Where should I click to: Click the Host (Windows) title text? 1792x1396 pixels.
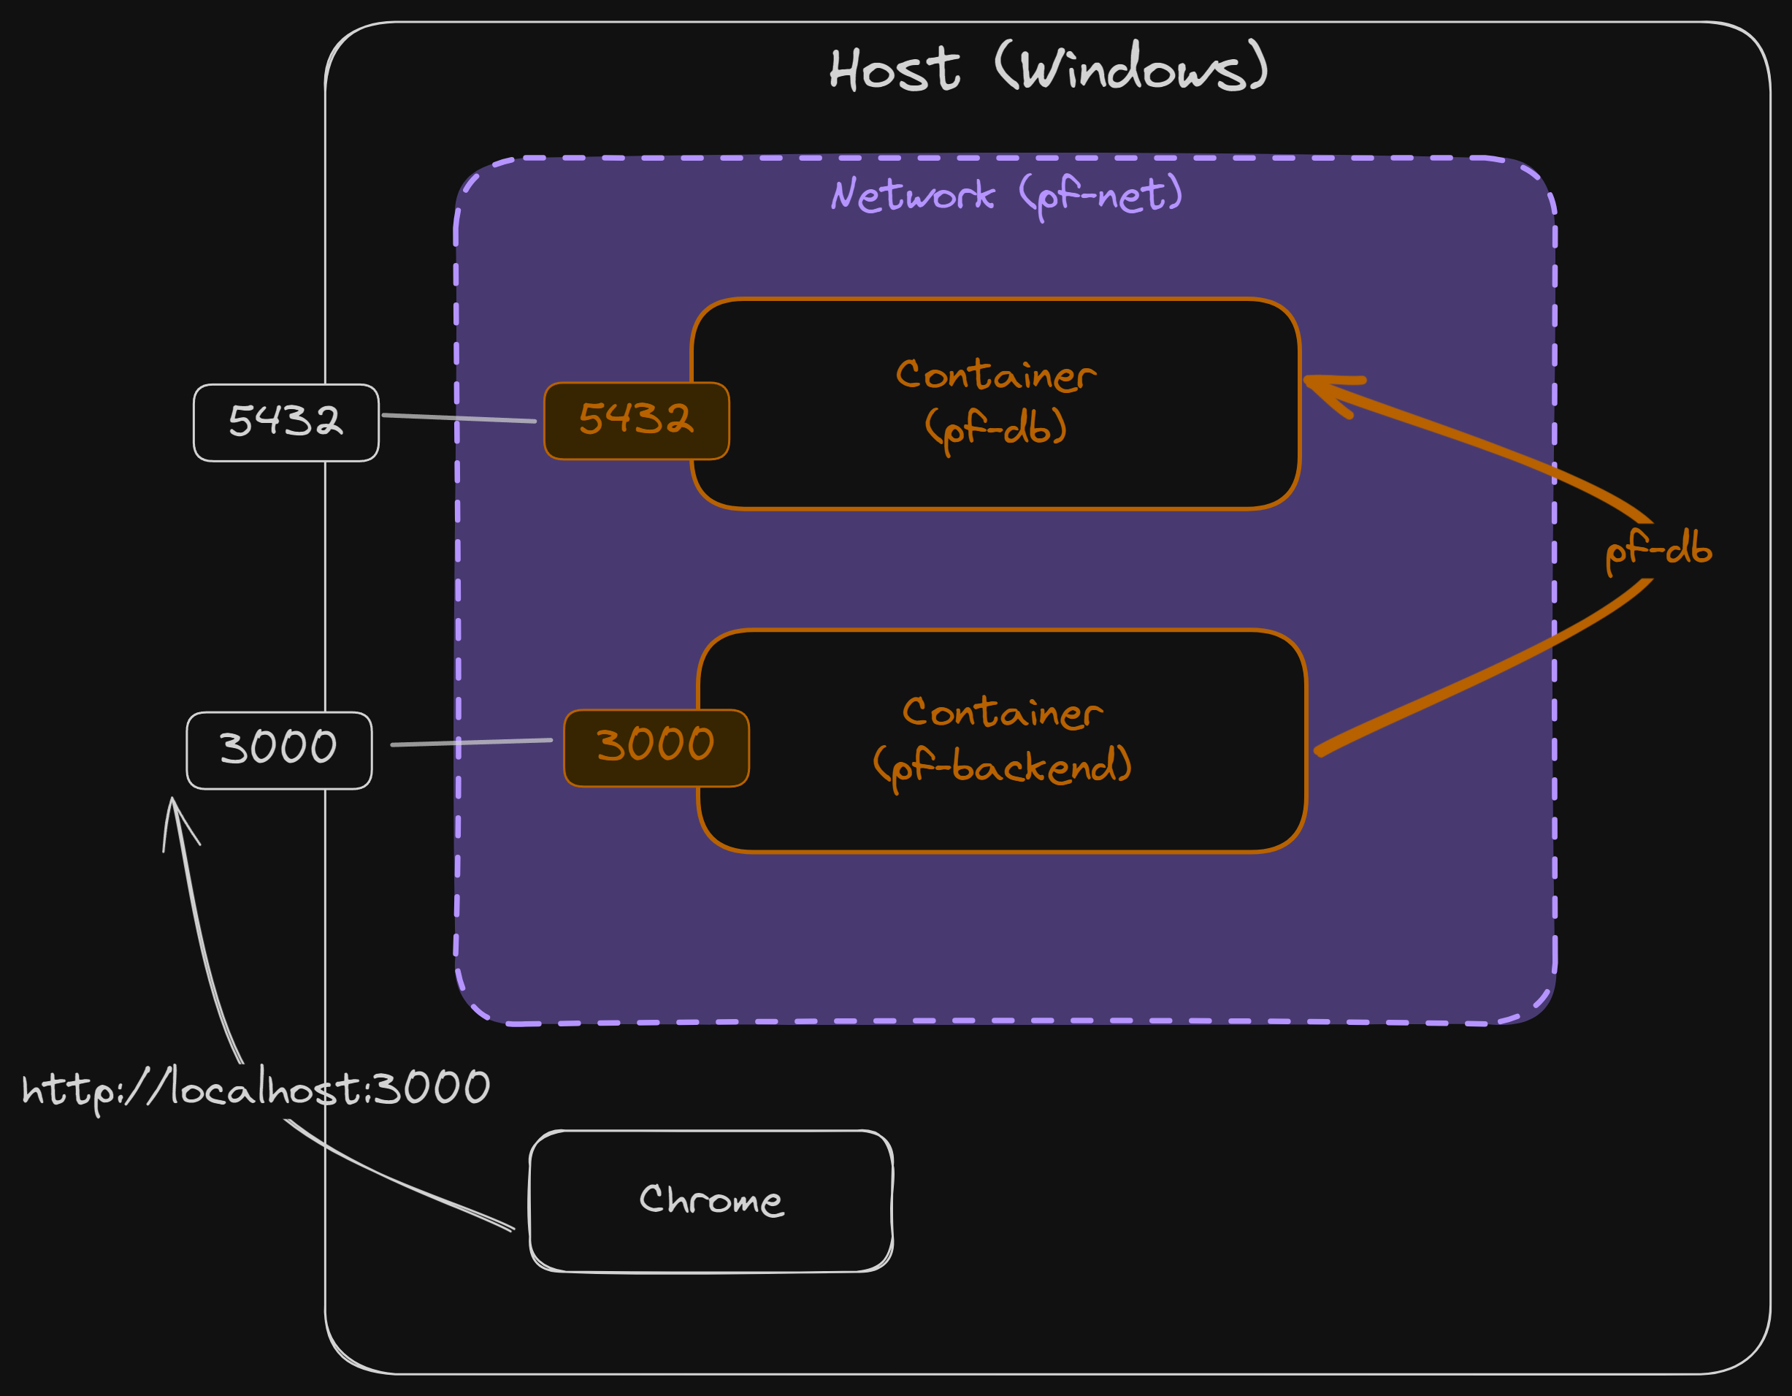[1048, 68]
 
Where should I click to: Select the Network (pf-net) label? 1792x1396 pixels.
[1006, 195]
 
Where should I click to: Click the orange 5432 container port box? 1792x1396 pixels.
[636, 419]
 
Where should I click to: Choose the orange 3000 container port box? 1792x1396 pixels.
[656, 746]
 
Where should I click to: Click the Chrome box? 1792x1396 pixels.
[711, 1201]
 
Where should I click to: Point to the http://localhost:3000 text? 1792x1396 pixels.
[256, 1088]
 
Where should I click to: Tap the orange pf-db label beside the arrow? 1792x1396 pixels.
[1658, 548]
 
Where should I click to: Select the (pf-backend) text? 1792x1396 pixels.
[1002, 766]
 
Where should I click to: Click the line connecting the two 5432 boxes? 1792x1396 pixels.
[459, 419]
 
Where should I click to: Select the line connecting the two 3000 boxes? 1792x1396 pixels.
[472, 742]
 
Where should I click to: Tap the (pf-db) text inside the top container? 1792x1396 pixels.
[995, 427]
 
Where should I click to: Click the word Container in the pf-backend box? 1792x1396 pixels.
[1002, 712]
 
